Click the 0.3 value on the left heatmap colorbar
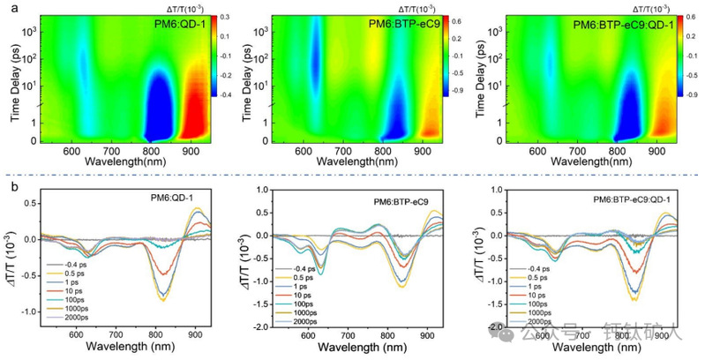(225, 17)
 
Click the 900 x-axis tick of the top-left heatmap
(191, 152)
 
